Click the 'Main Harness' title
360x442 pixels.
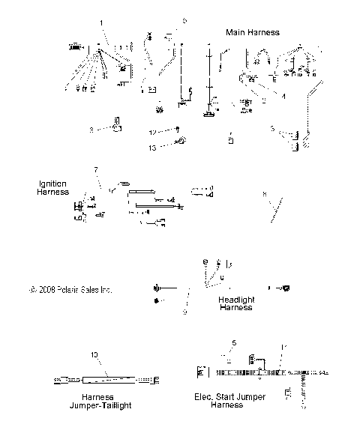pos(253,32)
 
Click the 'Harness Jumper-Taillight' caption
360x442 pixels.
pos(98,401)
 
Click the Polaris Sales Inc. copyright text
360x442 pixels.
pos(69,288)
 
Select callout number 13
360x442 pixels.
pos(153,148)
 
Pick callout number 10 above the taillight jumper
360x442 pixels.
pos(94,354)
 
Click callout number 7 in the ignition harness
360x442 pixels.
pos(95,170)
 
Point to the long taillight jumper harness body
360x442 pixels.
pos(105,380)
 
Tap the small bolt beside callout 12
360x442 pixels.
pos(177,130)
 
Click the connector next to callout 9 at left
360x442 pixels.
pos(117,125)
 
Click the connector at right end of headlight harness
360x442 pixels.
pos(285,288)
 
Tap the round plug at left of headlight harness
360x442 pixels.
pos(157,288)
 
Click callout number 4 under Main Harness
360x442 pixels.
pos(283,95)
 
